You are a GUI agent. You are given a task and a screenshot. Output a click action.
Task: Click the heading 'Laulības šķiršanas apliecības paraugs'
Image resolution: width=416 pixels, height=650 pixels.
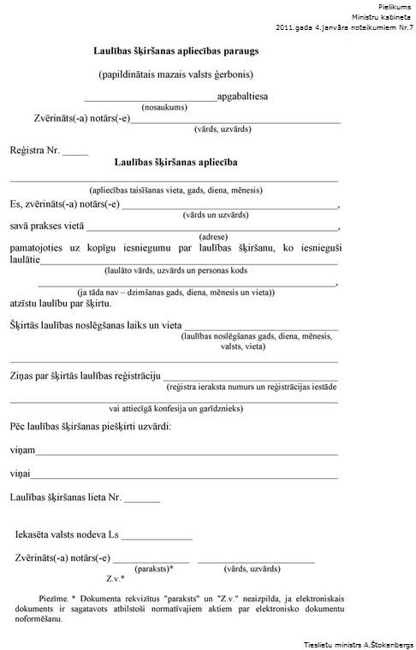coord(176,51)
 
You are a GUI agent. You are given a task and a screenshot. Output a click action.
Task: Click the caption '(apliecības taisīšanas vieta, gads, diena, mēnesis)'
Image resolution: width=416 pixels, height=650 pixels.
coord(175,190)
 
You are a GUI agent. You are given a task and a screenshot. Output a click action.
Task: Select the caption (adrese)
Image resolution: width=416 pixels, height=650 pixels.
coord(212,236)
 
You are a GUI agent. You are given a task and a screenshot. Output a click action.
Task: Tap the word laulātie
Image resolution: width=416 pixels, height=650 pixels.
coord(25,259)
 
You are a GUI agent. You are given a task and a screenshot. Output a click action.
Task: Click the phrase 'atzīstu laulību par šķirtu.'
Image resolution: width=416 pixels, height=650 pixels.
coord(60,303)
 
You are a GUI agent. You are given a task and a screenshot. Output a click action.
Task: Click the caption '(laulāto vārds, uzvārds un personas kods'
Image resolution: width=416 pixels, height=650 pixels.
coord(175,269)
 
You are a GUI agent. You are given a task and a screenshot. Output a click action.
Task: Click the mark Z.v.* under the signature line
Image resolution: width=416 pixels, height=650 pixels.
coord(116,579)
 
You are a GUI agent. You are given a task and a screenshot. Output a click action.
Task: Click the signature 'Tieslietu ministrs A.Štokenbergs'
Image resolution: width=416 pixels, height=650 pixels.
coord(358,644)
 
